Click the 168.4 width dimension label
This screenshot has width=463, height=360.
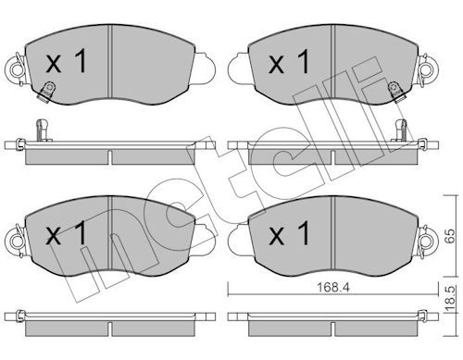[x=333, y=288]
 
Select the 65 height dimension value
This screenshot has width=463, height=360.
[x=451, y=236]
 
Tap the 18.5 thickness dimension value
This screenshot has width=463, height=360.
[x=451, y=299]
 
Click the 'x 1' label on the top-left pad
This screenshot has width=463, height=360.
[x=66, y=62]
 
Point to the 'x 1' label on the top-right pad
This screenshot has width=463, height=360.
[x=289, y=62]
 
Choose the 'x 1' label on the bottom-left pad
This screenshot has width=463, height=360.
[x=66, y=233]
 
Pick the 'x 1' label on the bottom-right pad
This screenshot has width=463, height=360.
[x=289, y=233]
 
